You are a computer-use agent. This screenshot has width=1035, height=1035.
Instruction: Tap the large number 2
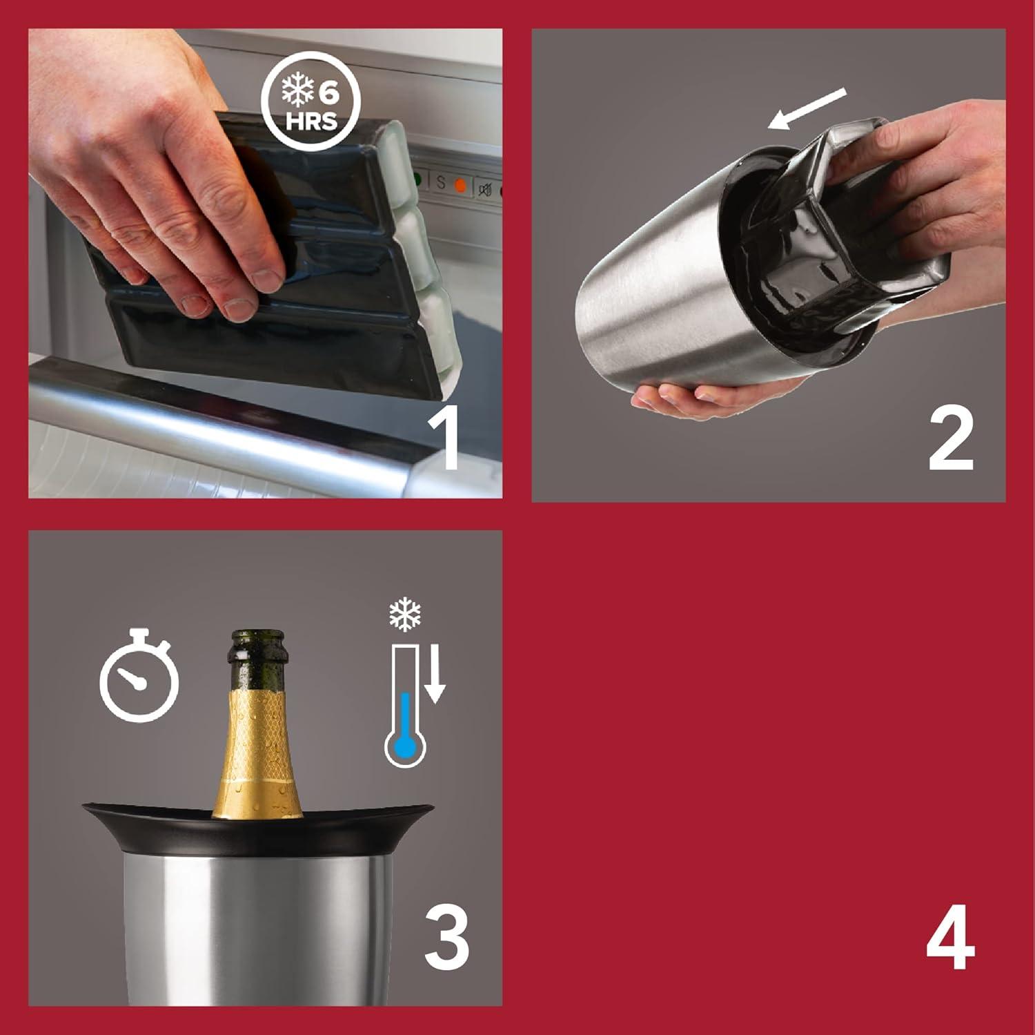(950, 438)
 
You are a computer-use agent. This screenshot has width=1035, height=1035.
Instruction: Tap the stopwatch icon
(139, 673)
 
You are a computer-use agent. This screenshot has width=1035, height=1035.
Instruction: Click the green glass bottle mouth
(258, 639)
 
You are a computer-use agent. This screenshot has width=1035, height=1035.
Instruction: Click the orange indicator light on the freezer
(460, 185)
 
